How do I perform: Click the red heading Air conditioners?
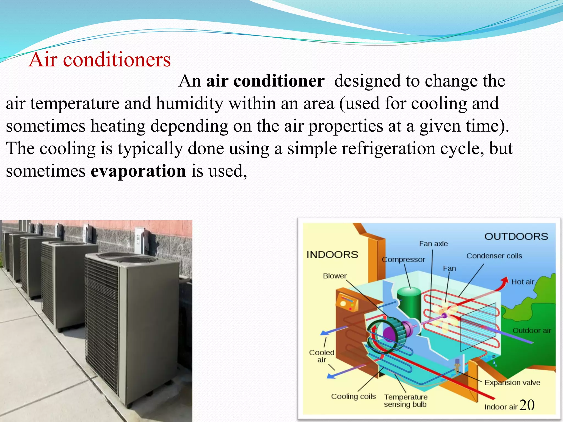click(100, 60)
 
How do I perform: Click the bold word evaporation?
click(138, 171)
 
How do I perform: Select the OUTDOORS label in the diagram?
click(516, 237)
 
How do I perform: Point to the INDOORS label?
click(332, 255)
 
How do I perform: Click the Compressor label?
click(403, 259)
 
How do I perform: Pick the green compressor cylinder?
click(409, 301)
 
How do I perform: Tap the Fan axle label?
click(433, 244)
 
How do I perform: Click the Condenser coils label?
click(494, 256)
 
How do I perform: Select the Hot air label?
click(522, 282)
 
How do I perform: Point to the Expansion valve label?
click(512, 382)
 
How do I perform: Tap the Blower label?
click(335, 276)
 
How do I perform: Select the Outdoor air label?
click(532, 331)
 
